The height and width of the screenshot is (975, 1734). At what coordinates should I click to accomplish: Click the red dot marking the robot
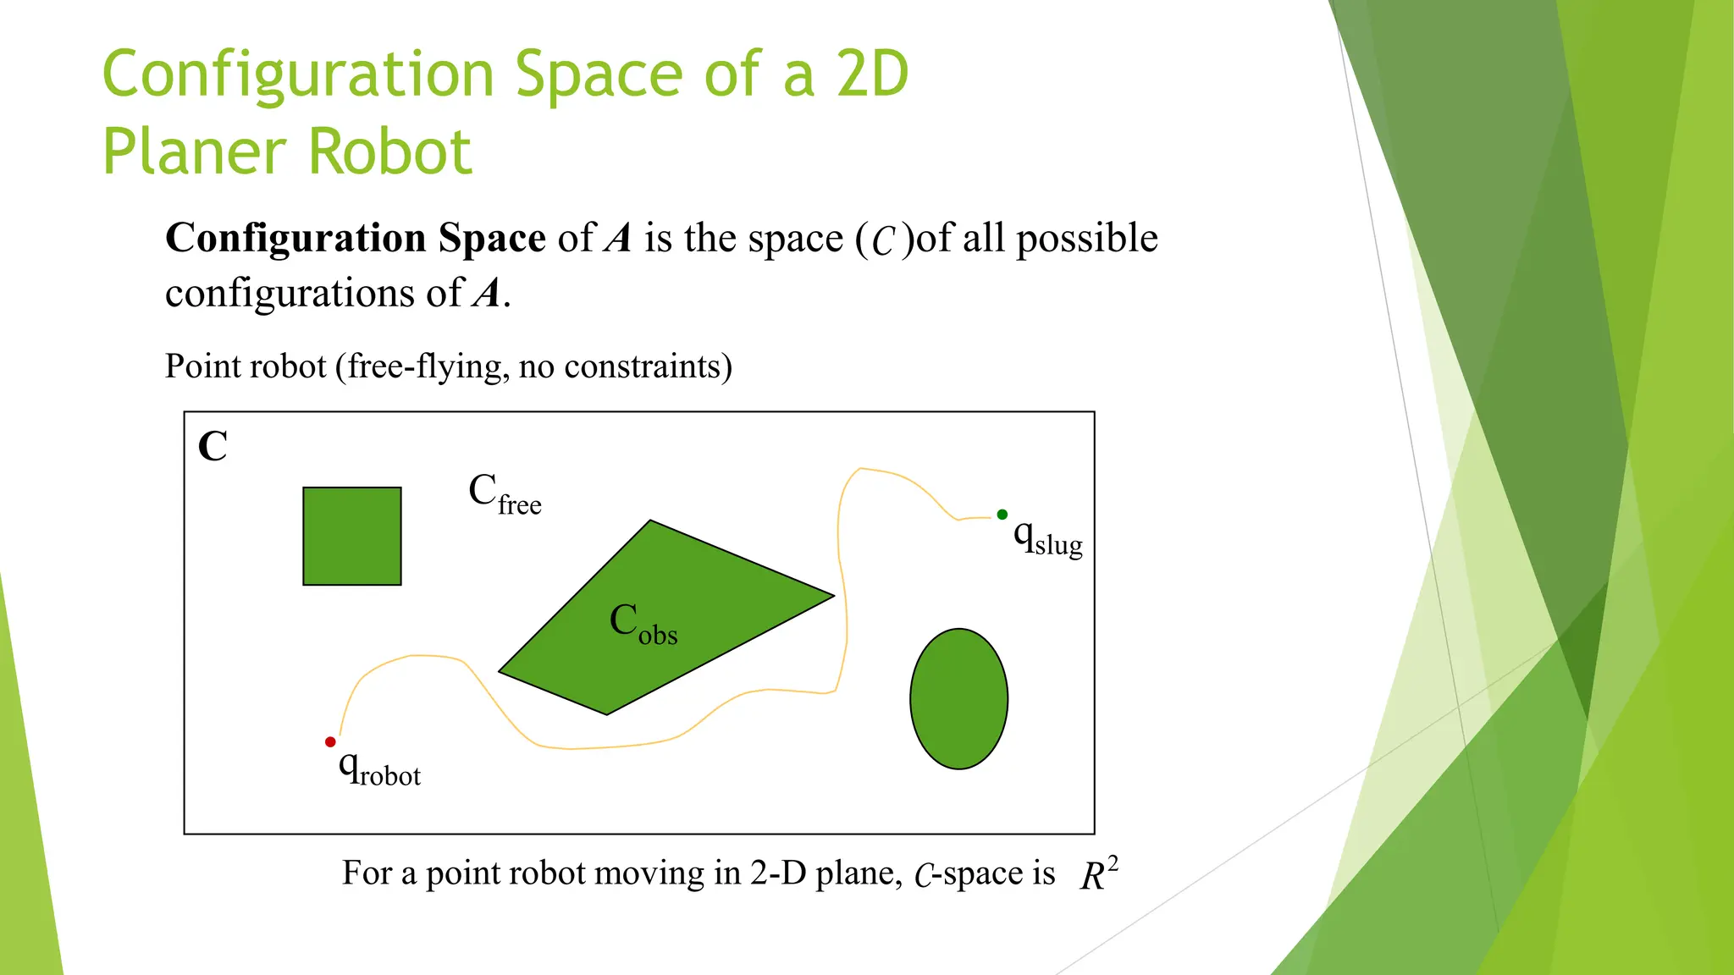[330, 742]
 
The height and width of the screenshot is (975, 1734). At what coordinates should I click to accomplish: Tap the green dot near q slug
[1002, 515]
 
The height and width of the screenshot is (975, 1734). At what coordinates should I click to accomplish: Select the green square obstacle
[352, 536]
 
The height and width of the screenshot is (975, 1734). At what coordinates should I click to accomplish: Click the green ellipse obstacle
[958, 698]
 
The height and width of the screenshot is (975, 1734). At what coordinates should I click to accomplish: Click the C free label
[505, 494]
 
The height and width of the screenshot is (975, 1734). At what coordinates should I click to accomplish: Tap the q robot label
[379, 768]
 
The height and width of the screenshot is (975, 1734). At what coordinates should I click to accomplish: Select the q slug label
[1048, 538]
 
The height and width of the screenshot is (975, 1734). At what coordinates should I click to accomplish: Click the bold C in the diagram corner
[213, 446]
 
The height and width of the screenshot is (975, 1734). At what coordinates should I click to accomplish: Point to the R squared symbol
[1098, 874]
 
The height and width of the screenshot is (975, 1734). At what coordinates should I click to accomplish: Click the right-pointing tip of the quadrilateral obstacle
[833, 596]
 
